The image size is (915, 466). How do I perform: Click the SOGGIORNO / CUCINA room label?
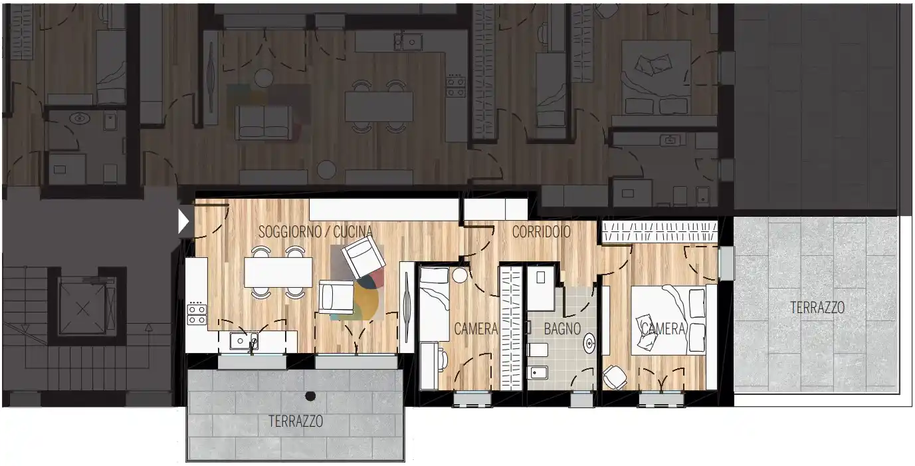coord(316,232)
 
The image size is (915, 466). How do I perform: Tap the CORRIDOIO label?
coord(542,232)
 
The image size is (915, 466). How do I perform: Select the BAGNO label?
coord(562,328)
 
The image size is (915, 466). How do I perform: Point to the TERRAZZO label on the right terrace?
coord(817,307)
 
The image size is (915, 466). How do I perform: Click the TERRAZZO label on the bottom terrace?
coord(296,421)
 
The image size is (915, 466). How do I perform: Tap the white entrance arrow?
coord(183,222)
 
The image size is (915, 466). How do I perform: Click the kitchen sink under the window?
coord(243,341)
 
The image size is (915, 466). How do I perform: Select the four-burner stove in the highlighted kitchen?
coord(197,314)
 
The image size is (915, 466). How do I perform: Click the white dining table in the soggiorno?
coord(278,273)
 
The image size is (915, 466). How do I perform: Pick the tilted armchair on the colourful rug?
coord(363,257)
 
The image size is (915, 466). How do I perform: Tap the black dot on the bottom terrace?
coord(310,396)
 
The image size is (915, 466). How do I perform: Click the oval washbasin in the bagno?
coord(589,344)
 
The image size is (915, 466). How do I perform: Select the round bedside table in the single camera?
coord(460,275)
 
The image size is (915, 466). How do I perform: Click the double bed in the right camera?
coord(668,320)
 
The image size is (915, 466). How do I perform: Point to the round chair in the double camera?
coord(615,377)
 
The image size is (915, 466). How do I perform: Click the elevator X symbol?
coord(83,308)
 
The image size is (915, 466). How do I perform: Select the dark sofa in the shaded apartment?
coord(264,122)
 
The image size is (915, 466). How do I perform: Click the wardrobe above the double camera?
coord(660,232)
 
